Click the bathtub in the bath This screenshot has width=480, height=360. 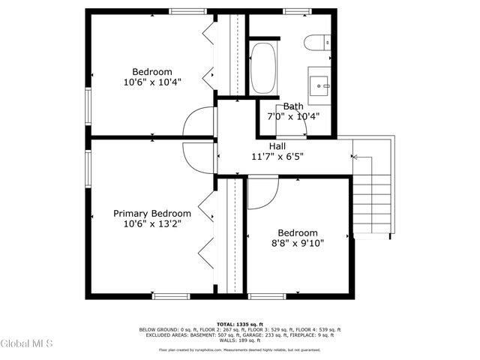coord(262,68)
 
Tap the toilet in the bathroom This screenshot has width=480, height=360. coord(315,42)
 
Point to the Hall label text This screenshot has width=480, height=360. coord(277,146)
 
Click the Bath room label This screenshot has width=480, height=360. coord(293,106)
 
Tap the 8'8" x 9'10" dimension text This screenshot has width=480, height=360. coord(298,243)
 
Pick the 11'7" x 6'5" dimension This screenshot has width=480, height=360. coord(277,157)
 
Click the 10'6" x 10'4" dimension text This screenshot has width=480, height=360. coord(152,82)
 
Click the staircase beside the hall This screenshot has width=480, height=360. coord(372,187)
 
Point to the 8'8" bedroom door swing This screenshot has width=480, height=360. coord(260,193)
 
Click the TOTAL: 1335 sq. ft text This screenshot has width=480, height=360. coord(240,325)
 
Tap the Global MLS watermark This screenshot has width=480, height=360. coord(27,344)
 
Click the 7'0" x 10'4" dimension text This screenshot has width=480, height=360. coord(293,117)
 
